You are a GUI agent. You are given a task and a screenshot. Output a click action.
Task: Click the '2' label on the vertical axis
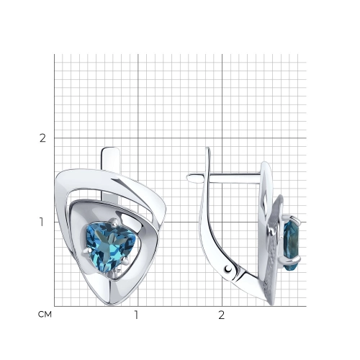(42, 138)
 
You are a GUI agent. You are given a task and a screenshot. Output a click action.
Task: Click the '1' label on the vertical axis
(42, 222)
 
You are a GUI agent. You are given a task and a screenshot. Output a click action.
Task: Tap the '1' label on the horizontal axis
(137, 315)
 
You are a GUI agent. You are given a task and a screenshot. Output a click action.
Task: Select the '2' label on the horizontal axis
(222, 315)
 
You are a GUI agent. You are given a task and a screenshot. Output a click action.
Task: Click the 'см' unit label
(45, 315)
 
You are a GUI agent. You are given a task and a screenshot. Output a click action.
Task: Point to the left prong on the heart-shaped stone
(86, 251)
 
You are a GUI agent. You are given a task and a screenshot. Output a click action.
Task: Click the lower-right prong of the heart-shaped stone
(125, 261)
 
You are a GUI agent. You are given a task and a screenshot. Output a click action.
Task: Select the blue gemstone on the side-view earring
(291, 243)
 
